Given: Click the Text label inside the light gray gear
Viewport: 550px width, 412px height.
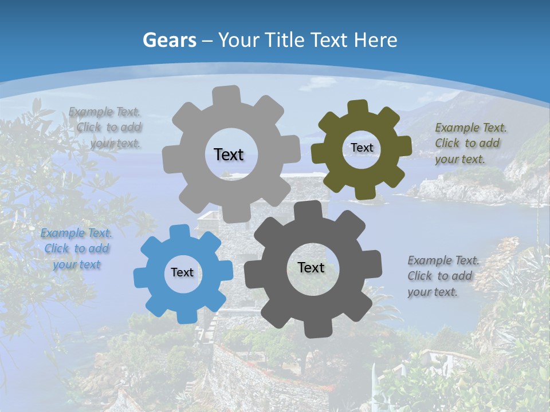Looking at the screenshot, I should point(229,154).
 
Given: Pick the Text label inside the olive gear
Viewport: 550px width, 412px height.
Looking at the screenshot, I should point(362,148).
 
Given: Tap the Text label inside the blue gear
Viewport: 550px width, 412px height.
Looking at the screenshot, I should point(182,272).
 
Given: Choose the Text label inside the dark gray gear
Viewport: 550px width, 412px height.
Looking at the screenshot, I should point(311,267).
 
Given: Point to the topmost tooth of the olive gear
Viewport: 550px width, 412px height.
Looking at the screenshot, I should point(358,107).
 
